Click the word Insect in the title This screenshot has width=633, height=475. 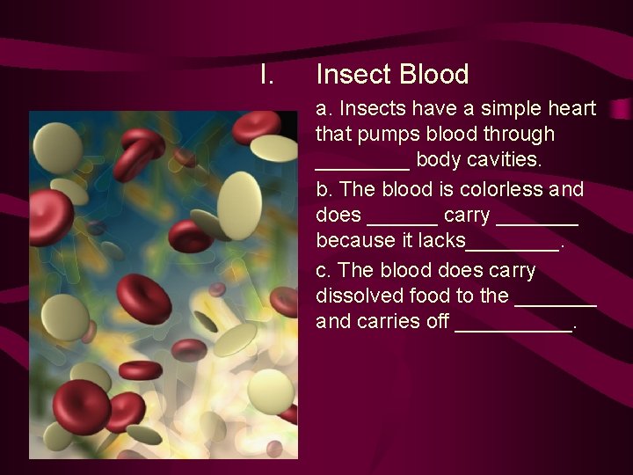(x=353, y=75)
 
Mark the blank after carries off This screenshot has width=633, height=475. (x=513, y=327)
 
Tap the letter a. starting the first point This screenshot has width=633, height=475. (x=324, y=109)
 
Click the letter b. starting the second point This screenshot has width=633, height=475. (x=324, y=189)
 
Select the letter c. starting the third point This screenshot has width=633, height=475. (x=324, y=269)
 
